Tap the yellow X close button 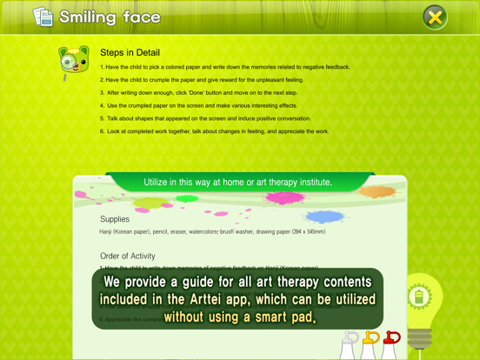click(x=435, y=17)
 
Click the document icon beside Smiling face click(x=43, y=17)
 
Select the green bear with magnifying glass click(x=73, y=62)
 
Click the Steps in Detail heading click(x=130, y=53)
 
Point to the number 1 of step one click(x=102, y=67)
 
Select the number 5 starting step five click(x=102, y=118)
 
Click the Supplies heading click(x=115, y=219)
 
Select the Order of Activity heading click(x=129, y=256)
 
